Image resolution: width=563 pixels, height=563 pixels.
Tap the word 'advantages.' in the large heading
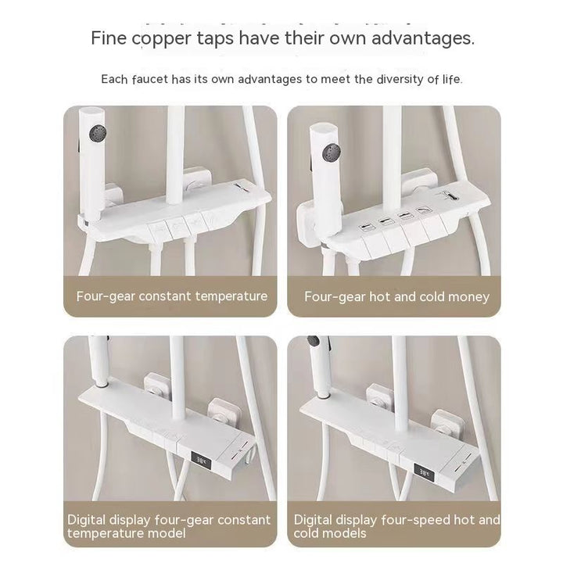(x=423, y=38)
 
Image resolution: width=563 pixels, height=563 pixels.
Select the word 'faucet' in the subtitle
(x=149, y=79)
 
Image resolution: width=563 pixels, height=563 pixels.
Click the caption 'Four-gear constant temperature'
(x=171, y=296)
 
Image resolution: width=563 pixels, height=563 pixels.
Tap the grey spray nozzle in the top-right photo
(x=331, y=152)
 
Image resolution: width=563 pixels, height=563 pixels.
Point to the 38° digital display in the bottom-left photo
(x=201, y=460)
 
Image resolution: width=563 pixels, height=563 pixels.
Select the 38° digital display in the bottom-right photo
(x=424, y=472)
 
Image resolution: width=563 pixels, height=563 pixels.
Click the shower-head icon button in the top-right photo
(x=422, y=211)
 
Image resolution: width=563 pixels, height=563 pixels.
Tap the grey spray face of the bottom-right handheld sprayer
(x=313, y=341)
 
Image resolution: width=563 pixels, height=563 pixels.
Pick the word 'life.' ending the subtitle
(x=452, y=79)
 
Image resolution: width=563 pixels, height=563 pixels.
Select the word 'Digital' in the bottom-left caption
(x=87, y=520)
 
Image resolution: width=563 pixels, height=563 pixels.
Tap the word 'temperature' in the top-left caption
(x=231, y=297)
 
